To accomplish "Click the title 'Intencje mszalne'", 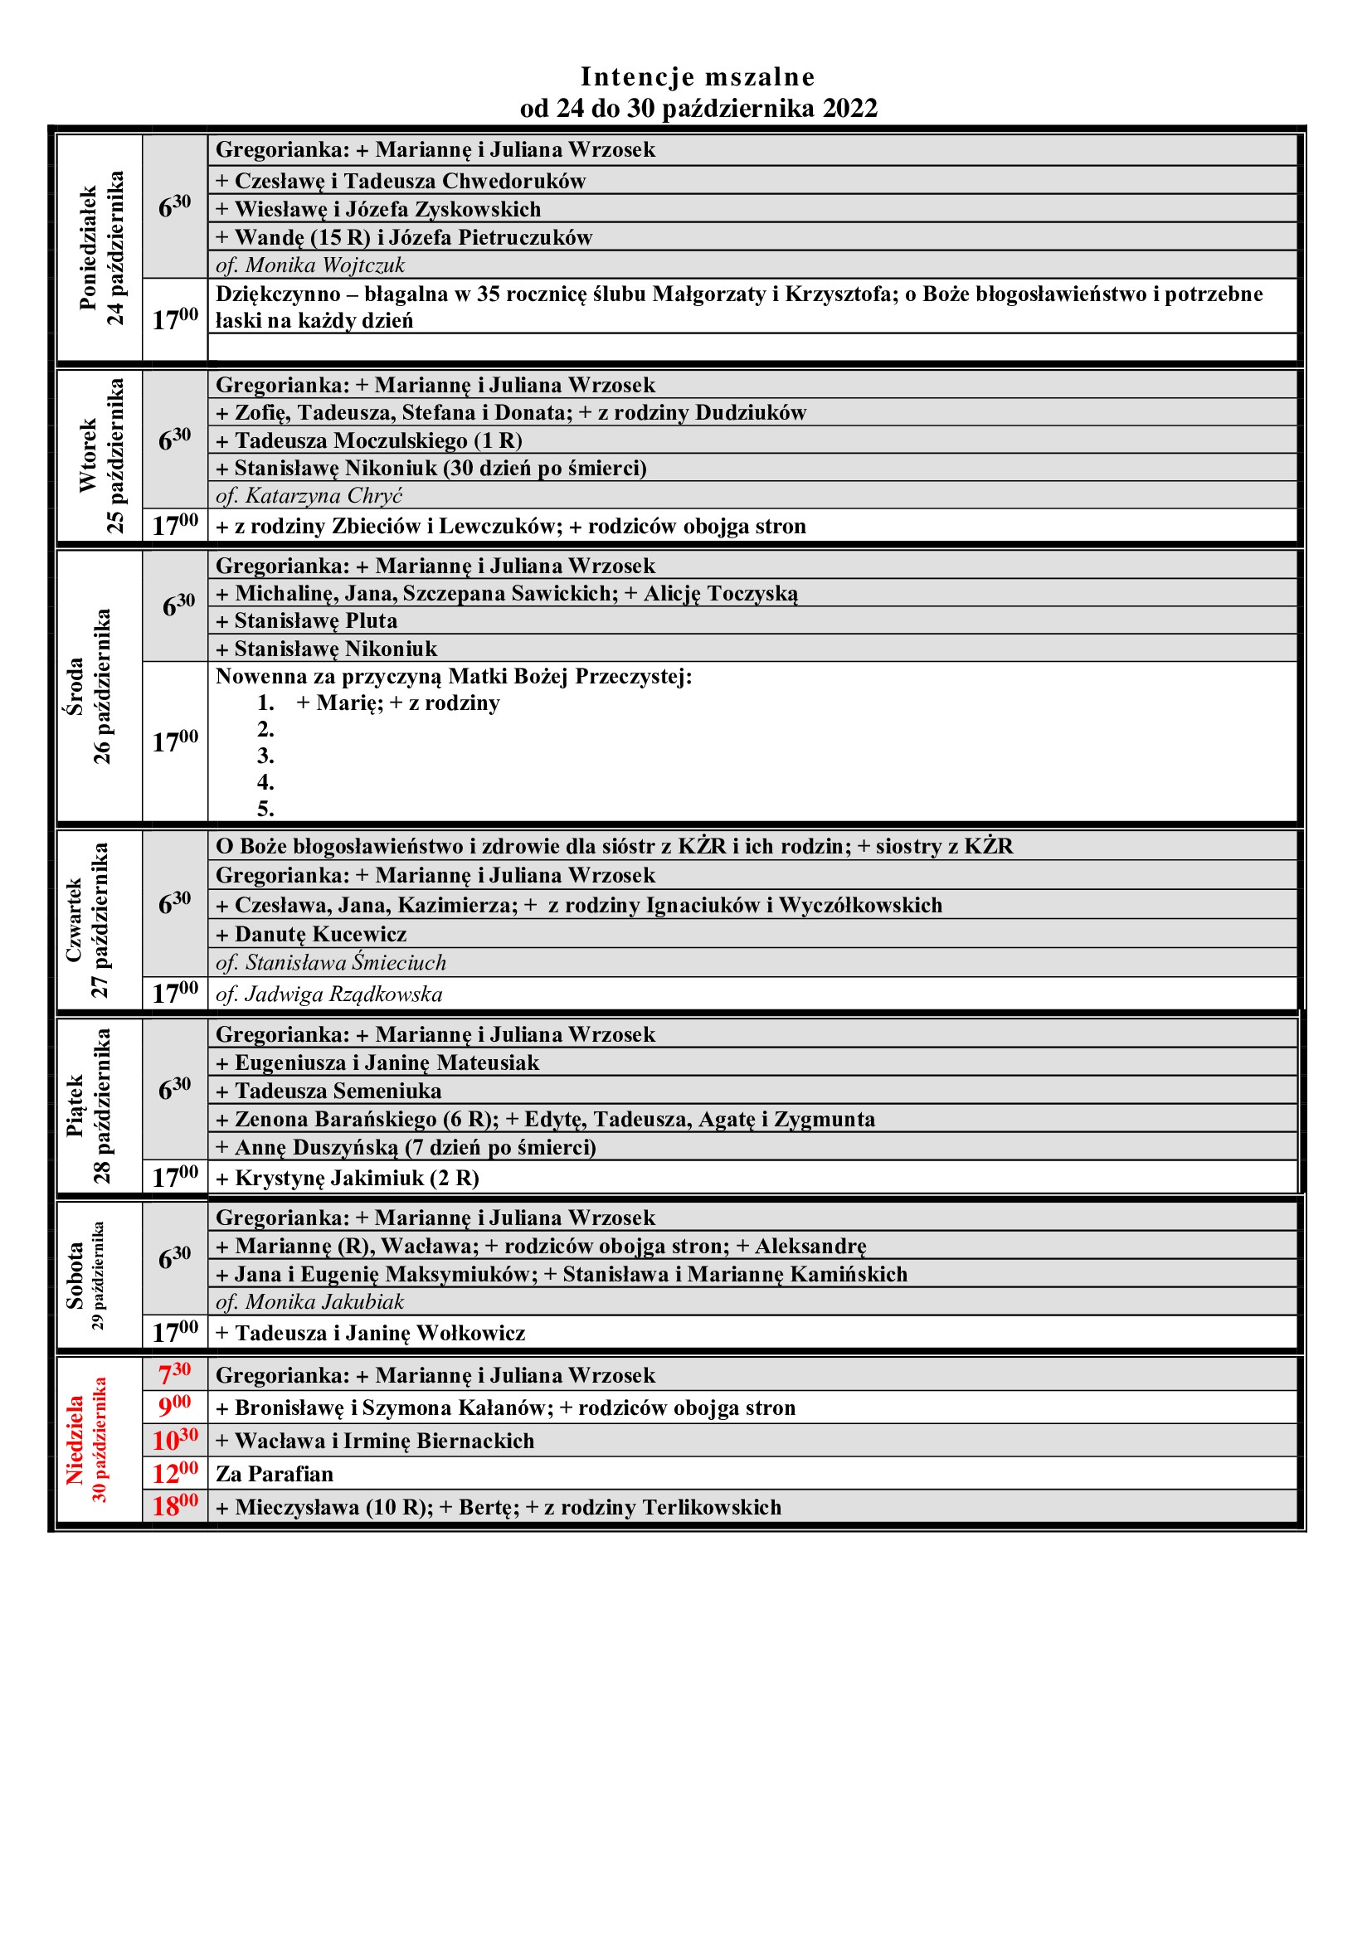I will (x=697, y=77).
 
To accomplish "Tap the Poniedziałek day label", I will (x=89, y=247).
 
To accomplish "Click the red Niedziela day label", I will (x=76, y=1440).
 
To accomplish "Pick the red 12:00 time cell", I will (x=175, y=1474).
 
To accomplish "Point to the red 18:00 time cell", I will (x=175, y=1506).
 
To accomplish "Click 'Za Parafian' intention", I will (x=275, y=1475).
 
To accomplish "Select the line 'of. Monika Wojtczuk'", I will (x=310, y=265).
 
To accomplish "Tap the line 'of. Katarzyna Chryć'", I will (x=309, y=496).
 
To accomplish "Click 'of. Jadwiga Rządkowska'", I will (x=328, y=994).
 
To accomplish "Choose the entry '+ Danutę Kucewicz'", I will (x=311, y=935).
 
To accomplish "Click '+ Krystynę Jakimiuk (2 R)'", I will (x=348, y=1178).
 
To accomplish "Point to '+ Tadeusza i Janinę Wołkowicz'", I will (x=370, y=1334).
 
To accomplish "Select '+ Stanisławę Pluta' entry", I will (x=307, y=621).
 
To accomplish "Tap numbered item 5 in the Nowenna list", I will (x=265, y=810).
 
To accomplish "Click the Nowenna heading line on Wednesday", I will (x=454, y=677).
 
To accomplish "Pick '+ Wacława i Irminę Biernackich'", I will (x=375, y=1441).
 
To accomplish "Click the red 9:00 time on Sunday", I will (x=175, y=1407).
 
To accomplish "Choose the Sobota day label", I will (x=76, y=1276).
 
